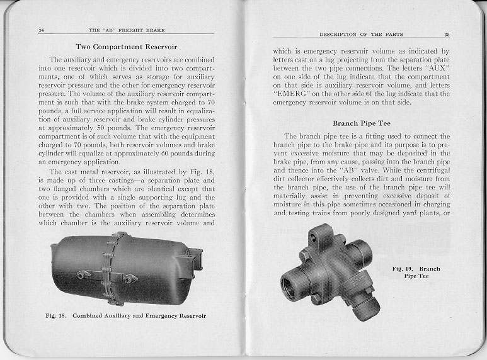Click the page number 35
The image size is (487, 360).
click(446, 34)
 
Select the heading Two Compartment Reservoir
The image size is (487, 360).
click(126, 47)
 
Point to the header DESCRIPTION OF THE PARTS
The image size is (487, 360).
click(361, 34)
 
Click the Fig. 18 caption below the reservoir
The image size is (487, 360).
click(126, 315)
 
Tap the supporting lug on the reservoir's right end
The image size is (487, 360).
click(195, 259)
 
